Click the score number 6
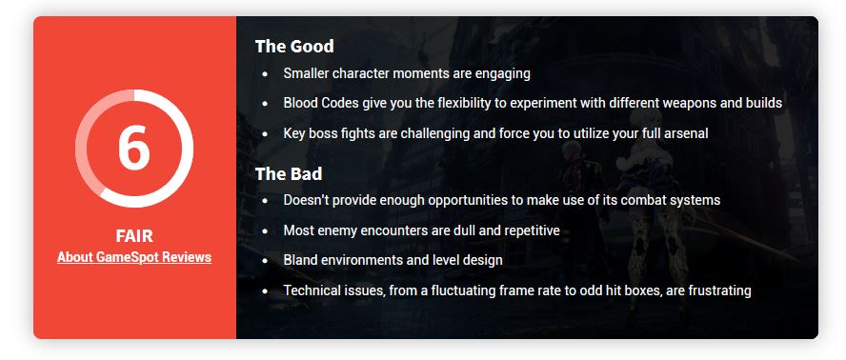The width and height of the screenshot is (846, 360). (x=133, y=148)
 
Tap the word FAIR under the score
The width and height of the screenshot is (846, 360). (x=134, y=236)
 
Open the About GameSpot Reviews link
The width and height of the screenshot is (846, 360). (x=134, y=257)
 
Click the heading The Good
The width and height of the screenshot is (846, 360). (x=294, y=47)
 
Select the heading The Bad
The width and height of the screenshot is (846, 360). (x=289, y=173)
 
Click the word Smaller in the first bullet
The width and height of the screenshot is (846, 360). (x=306, y=73)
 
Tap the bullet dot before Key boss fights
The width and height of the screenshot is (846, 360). (x=265, y=134)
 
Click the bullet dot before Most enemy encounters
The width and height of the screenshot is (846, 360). (x=265, y=231)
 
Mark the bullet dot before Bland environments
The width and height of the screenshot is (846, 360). (x=265, y=261)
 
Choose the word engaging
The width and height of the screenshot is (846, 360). (x=502, y=74)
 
